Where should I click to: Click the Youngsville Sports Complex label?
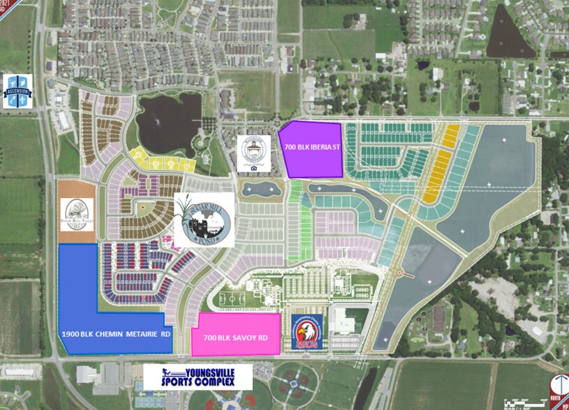click(198, 377)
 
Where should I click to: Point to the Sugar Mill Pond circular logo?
click(202, 220)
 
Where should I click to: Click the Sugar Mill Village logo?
click(76, 213)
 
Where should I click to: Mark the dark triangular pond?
click(513, 35)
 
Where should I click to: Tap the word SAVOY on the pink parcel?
click(237, 338)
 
